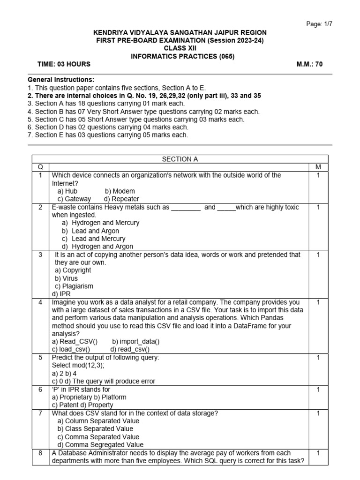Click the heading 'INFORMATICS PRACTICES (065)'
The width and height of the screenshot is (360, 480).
180,57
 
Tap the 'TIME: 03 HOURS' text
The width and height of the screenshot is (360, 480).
64,65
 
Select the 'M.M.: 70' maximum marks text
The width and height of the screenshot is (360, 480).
310,65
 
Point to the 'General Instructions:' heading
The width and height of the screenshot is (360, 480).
61,80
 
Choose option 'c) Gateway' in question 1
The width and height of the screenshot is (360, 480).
74,199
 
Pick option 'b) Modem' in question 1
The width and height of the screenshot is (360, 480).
120,191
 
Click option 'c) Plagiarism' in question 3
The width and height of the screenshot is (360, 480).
74,286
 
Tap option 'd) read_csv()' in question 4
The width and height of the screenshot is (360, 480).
130,349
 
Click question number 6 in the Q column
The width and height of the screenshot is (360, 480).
40,390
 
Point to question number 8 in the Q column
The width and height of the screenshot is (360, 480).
40,453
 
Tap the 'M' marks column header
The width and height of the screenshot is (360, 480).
318,167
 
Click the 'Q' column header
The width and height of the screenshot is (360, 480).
40,167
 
